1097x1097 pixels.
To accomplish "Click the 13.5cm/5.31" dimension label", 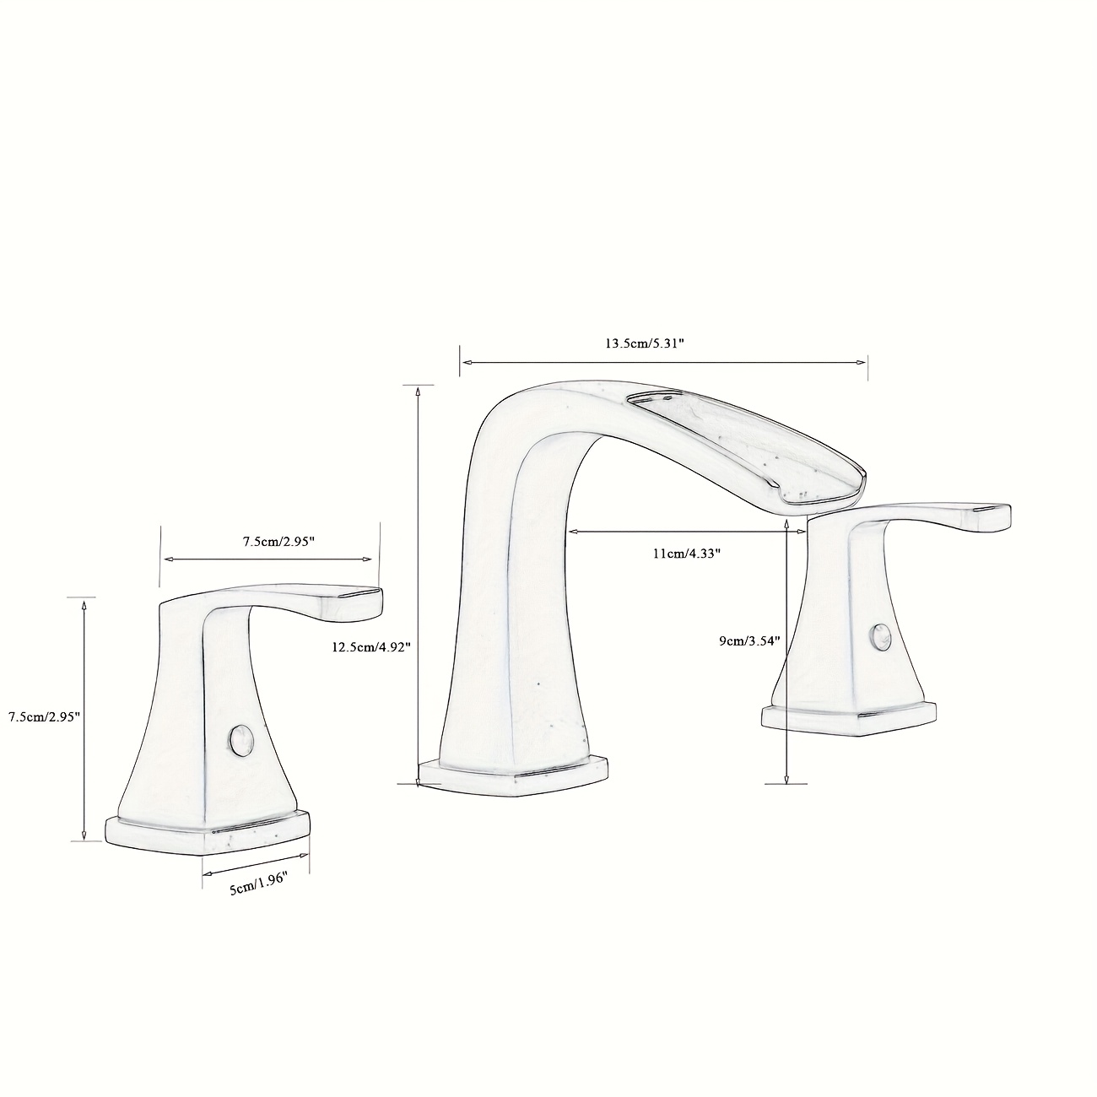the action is (x=644, y=343).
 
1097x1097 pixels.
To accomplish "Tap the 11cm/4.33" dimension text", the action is (x=687, y=553).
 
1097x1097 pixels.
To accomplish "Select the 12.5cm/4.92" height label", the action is (x=371, y=646).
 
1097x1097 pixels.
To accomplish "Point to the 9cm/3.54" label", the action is (x=749, y=641).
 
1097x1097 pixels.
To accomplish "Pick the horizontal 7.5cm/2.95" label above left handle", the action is (x=279, y=542).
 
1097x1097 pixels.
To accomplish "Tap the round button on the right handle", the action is (x=880, y=637).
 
